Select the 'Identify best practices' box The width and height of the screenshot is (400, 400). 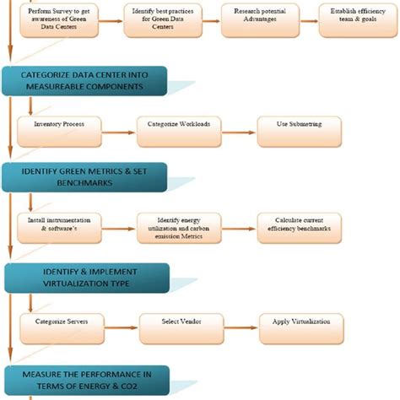[162, 19]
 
